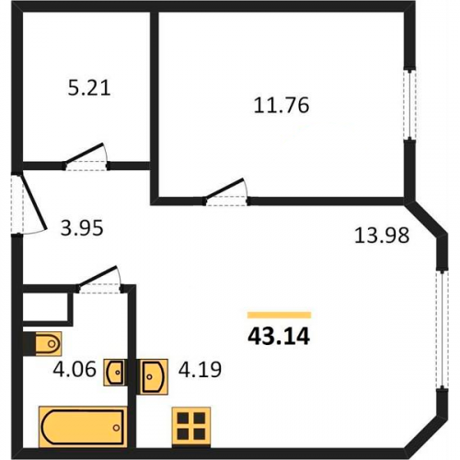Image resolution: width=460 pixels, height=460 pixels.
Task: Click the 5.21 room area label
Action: (89, 88)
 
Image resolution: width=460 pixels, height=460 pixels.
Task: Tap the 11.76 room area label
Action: (282, 105)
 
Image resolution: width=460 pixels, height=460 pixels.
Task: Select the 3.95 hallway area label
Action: (82, 228)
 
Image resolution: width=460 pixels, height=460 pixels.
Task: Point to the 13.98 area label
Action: (382, 236)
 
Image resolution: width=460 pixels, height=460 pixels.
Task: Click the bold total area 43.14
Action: (279, 337)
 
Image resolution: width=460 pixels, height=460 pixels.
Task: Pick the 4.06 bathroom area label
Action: (75, 369)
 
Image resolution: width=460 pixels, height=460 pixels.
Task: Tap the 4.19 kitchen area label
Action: (200, 369)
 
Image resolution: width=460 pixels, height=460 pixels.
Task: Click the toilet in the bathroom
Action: (43, 344)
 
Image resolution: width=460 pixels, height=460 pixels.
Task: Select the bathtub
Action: (83, 427)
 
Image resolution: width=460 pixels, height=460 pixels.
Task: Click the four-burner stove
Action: (191, 426)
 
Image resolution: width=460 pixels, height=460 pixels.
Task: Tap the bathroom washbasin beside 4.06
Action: (116, 373)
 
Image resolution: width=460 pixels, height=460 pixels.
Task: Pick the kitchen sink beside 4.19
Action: (153, 376)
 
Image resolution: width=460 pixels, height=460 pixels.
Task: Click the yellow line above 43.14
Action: (280, 315)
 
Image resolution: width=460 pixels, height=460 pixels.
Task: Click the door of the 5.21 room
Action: (86, 156)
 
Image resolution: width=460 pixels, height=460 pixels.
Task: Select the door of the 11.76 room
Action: (226, 191)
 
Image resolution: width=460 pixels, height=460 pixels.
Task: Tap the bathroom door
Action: (99, 280)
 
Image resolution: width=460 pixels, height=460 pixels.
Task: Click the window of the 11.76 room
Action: (409, 104)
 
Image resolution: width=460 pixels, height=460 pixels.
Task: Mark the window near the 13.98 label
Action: (442, 329)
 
